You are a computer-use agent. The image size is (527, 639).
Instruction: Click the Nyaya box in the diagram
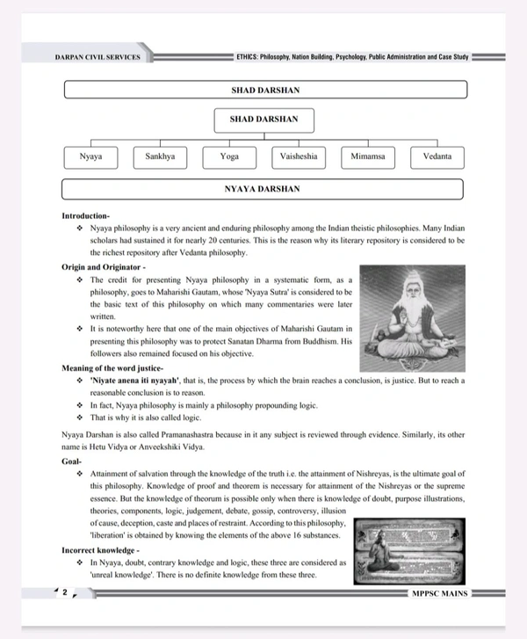click(90, 156)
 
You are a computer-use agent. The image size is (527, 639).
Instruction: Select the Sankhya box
click(160, 156)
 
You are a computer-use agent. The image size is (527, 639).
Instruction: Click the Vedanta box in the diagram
click(437, 156)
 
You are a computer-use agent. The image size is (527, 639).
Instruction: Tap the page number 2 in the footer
click(64, 592)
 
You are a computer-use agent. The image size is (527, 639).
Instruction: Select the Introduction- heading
click(85, 215)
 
